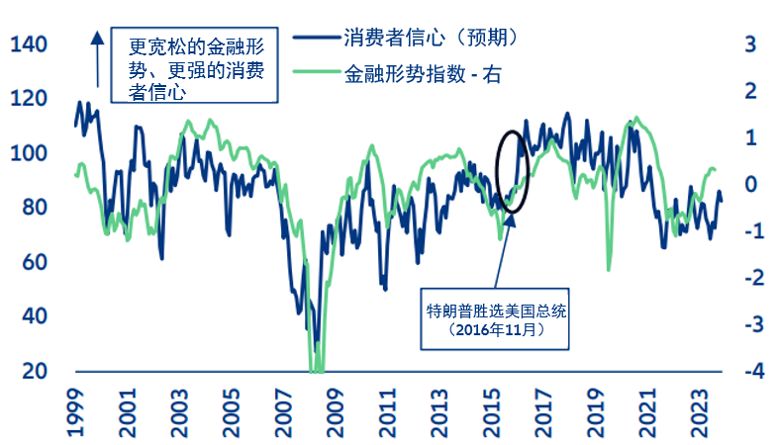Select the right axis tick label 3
click(x=750, y=44)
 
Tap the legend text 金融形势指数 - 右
click(x=423, y=73)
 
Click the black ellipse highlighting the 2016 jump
click(x=514, y=170)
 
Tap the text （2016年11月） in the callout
click(x=496, y=330)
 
